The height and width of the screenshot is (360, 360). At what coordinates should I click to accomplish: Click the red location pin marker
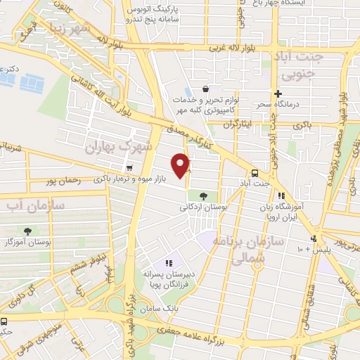183,165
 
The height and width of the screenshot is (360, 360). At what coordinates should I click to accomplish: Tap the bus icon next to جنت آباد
255,173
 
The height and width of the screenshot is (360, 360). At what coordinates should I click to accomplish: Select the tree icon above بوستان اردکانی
203,196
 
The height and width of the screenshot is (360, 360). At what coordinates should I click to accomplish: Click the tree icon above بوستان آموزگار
27,231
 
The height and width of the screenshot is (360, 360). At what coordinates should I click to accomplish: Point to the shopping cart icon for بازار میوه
129,169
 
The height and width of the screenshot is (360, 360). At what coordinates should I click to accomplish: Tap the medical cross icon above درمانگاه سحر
278,94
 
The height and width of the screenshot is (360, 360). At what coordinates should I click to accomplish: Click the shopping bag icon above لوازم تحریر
205,89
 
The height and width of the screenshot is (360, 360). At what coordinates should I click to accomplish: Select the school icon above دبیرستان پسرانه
168,263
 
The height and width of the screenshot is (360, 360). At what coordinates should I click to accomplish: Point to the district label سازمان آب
35,206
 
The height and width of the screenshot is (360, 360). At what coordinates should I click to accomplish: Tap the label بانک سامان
162,309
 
